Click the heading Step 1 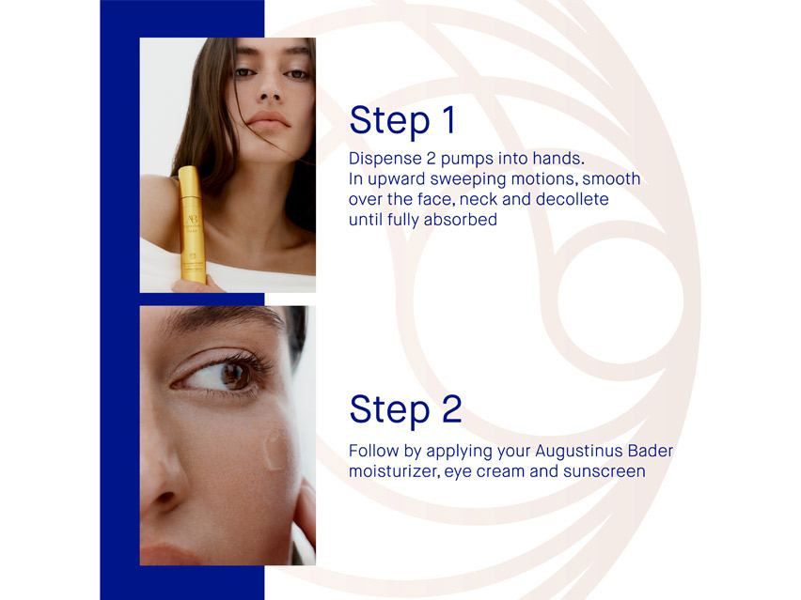[x=402, y=120]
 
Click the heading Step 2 [x=405, y=409]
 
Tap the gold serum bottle [x=192, y=225]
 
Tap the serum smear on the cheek [x=278, y=449]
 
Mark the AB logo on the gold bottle [x=188, y=184]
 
